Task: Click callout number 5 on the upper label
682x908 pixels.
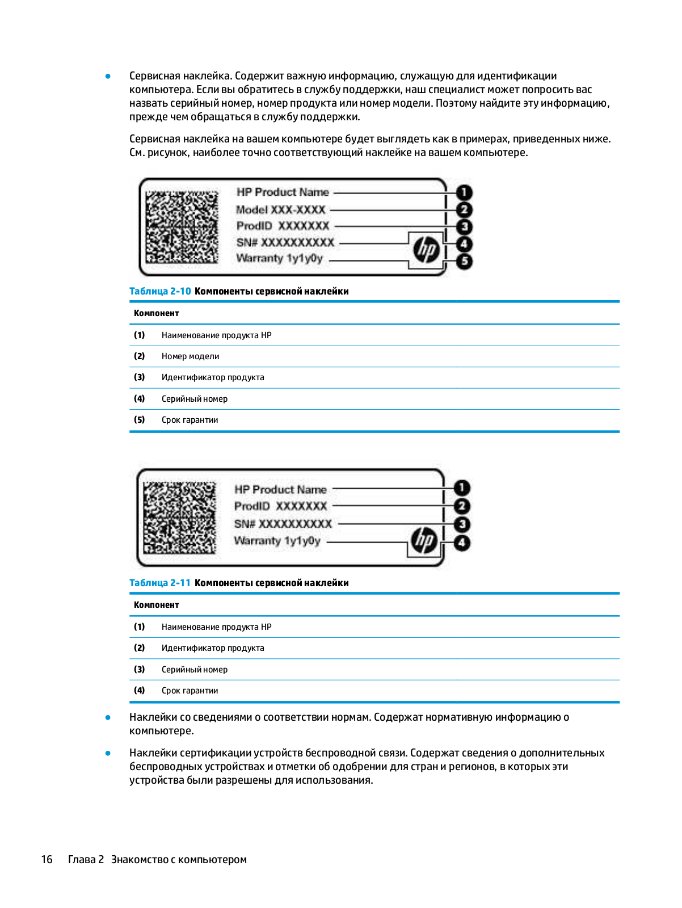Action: tap(464, 262)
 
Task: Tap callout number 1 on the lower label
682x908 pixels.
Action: tap(462, 487)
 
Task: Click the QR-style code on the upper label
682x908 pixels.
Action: tap(182, 227)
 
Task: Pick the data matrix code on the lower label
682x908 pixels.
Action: tap(179, 518)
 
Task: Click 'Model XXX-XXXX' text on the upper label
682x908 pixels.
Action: tap(281, 209)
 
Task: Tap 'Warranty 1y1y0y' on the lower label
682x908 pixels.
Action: tap(277, 541)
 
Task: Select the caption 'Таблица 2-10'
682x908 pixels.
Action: tap(160, 291)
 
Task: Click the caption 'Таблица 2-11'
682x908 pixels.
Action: tap(160, 583)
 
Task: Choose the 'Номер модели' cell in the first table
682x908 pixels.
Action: tap(190, 356)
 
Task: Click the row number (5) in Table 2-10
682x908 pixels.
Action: tap(140, 420)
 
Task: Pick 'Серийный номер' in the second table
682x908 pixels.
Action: tap(195, 670)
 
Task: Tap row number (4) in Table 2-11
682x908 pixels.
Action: tap(140, 691)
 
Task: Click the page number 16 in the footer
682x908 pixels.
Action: tap(47, 859)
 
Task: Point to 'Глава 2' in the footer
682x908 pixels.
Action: tap(86, 859)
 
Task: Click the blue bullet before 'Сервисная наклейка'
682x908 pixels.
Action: tap(108, 76)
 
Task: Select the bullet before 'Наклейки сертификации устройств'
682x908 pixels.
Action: tap(108, 753)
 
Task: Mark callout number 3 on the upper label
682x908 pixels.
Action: tap(464, 227)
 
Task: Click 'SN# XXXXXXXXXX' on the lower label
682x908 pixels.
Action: tap(283, 524)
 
